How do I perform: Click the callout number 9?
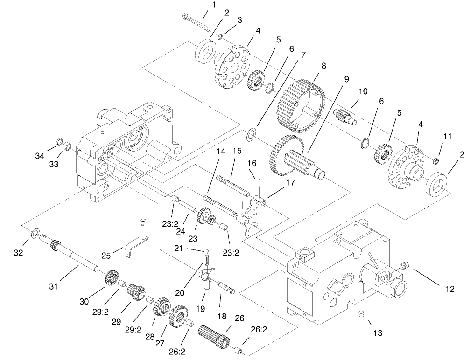tap(346, 79)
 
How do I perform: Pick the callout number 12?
tap(449, 289)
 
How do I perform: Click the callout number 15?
tap(237, 151)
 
